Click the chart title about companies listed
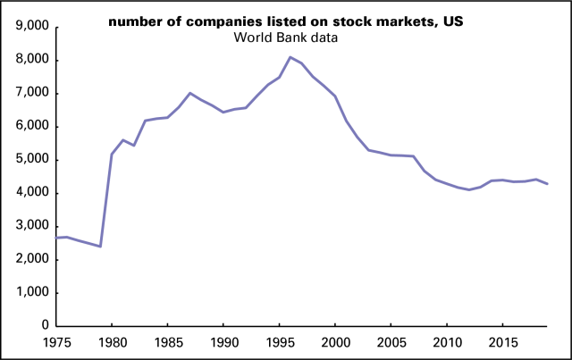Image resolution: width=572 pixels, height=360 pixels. (286, 21)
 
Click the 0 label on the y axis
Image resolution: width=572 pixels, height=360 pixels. (42, 326)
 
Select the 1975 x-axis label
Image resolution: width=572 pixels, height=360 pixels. (55, 341)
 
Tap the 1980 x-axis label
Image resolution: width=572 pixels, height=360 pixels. (112, 341)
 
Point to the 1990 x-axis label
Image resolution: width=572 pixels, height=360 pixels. (223, 341)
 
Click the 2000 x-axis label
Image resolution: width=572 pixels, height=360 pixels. (335, 341)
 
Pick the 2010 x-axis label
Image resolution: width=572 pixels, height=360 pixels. (447, 341)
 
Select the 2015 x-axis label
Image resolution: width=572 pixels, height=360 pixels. (503, 341)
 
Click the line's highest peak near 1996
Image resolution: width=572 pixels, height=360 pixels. (290, 57)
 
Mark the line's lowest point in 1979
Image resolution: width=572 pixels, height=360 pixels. (100, 247)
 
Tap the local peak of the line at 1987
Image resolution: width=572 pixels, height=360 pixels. (189, 93)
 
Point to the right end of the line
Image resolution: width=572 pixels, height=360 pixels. (548, 184)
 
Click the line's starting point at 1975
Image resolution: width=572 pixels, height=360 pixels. (56, 238)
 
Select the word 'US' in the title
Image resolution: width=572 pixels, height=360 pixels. (452, 21)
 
